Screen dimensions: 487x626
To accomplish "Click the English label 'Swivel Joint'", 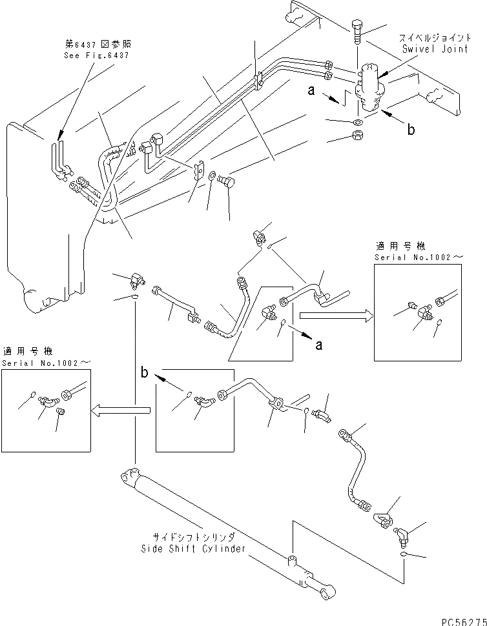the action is point(435,49).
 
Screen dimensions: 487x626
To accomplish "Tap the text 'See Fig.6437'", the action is point(96,56).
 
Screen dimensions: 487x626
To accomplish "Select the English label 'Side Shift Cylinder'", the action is point(193,549).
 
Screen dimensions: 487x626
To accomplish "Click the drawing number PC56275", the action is point(464,621).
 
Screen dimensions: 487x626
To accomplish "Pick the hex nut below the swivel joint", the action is point(358,135).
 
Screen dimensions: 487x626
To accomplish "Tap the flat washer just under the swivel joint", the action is point(358,122).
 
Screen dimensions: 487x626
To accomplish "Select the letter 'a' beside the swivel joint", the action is point(311,91).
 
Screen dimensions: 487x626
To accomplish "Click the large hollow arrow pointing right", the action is point(337,316).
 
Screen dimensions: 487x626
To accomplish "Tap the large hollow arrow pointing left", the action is point(121,410).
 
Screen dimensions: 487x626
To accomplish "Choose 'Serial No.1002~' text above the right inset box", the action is point(419,257).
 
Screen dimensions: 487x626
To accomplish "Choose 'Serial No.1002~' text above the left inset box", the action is point(47,363).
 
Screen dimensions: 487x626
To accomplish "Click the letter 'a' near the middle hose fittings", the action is point(318,344).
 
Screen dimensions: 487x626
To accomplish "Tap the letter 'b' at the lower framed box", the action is point(144,372).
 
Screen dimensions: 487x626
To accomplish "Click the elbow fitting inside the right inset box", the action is point(425,314).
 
